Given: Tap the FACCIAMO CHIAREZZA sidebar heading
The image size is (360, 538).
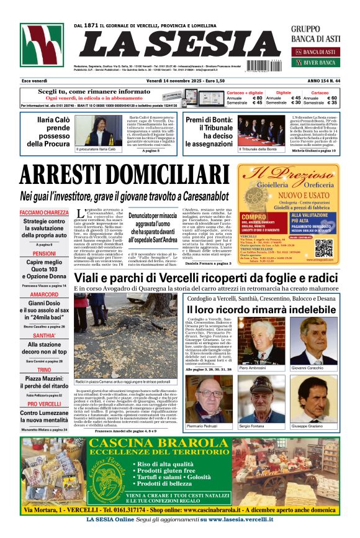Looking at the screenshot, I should [44, 212].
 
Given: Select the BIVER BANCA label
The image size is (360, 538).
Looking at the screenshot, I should [319, 63].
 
